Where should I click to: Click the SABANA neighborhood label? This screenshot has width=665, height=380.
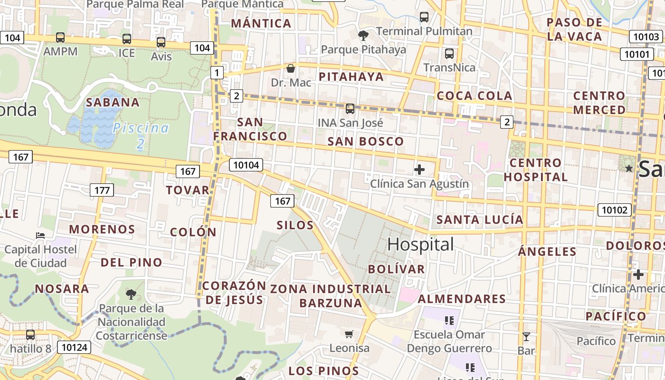click(113, 102)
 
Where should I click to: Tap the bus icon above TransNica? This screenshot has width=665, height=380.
click(449, 54)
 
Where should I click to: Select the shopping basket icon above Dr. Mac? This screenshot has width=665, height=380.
click(291, 68)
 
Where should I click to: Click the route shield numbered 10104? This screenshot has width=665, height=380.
click(246, 165)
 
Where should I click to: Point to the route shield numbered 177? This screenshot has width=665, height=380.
click(102, 190)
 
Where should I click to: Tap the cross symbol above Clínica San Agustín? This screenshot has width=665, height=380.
click(419, 170)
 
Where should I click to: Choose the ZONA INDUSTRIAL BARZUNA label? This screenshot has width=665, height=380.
click(331, 295)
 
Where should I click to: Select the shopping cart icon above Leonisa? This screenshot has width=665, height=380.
click(349, 334)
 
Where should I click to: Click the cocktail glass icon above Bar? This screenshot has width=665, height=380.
click(526, 337)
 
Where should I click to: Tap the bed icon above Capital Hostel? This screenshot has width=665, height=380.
click(40, 235)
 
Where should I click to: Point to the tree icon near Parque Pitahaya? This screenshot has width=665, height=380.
click(363, 35)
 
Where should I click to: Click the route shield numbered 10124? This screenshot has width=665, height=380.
click(75, 347)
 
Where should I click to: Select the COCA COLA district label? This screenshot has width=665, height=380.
click(474, 95)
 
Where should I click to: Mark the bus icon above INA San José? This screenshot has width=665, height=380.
click(350, 109)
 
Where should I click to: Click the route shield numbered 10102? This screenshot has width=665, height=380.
click(615, 209)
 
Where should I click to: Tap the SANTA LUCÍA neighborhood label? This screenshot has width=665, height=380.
click(480, 219)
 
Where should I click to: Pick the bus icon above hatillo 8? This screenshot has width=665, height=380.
click(30, 335)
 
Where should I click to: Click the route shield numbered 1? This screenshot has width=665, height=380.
click(217, 73)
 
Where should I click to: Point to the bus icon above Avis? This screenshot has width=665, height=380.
click(161, 43)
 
